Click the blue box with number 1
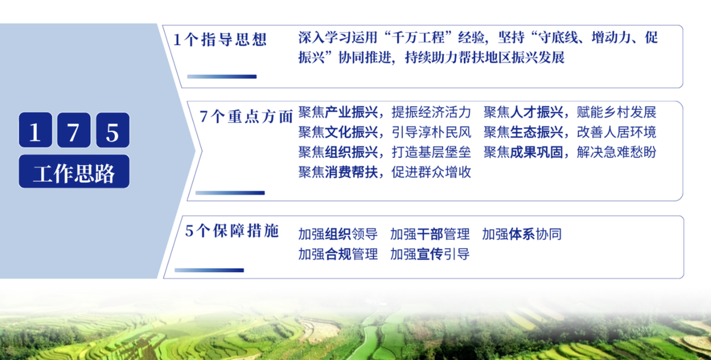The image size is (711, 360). pyautogui.click(x=35, y=130)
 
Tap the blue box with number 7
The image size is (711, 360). pyautogui.click(x=73, y=130)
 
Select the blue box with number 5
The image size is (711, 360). pyautogui.click(x=113, y=130)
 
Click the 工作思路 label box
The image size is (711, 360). pyautogui.click(x=74, y=172)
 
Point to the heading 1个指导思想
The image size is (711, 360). pyautogui.click(x=220, y=40)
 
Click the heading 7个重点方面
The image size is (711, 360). pyautogui.click(x=246, y=117)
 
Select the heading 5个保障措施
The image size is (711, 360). pyautogui.click(x=232, y=231)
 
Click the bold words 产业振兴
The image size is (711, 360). pyautogui.click(x=351, y=112)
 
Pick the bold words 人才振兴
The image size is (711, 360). pyautogui.click(x=536, y=112)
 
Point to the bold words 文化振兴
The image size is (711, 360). pyautogui.click(x=351, y=132)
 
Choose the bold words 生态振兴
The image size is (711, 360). pyautogui.click(x=536, y=132)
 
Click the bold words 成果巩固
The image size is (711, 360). pyautogui.click(x=536, y=152)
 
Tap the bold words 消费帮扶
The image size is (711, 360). pyautogui.click(x=351, y=172)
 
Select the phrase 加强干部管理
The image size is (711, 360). pyautogui.click(x=430, y=234)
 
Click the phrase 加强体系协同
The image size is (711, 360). pyautogui.click(x=522, y=234)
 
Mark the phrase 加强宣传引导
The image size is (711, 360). pyautogui.click(x=430, y=254)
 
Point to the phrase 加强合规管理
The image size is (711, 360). pyautogui.click(x=338, y=254)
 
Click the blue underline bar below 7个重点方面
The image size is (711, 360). pyautogui.click(x=230, y=193)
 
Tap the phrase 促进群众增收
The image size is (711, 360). pyautogui.click(x=431, y=172)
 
